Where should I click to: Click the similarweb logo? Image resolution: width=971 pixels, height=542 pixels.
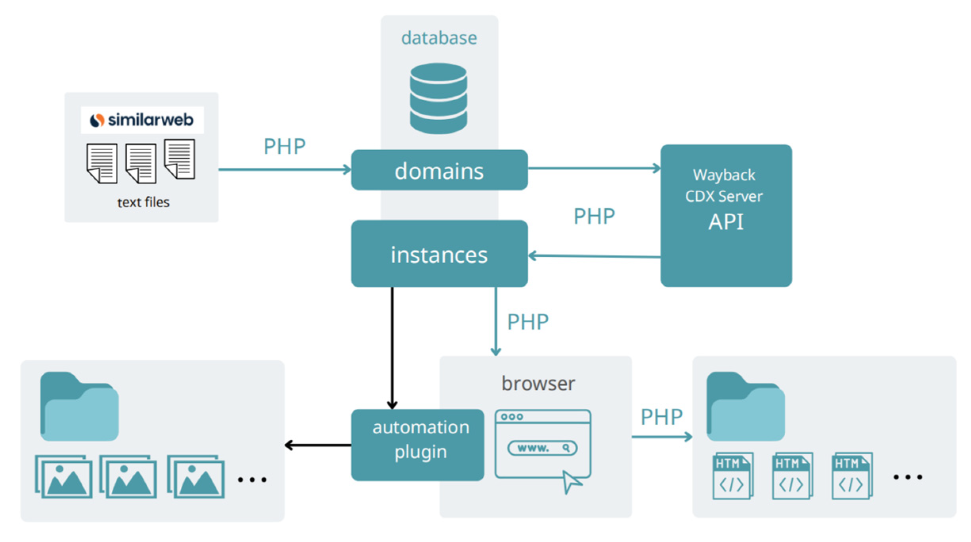[142, 120]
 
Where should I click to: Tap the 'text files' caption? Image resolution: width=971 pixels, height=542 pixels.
[143, 202]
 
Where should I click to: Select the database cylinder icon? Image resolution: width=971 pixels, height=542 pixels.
[438, 98]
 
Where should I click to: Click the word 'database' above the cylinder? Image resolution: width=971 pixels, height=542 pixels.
[439, 38]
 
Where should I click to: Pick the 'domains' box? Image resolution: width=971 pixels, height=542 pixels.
[439, 170]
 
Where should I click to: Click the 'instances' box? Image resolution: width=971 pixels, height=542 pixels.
[439, 254]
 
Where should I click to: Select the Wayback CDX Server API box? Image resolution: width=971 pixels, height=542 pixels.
[726, 215]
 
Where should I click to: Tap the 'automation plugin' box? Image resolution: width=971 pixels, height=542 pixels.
[418, 445]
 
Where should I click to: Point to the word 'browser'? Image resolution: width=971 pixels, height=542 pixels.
[538, 383]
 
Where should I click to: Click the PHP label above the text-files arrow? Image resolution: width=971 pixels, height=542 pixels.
[285, 147]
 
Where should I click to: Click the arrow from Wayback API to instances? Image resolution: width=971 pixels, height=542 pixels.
[594, 257]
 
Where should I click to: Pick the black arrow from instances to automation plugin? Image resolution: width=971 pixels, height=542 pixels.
[392, 348]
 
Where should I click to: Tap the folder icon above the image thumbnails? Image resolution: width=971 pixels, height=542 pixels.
[79, 406]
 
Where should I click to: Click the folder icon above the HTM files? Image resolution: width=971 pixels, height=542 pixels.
[745, 406]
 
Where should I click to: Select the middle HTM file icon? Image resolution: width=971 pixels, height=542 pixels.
[792, 476]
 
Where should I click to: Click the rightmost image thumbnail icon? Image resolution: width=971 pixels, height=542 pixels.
[196, 477]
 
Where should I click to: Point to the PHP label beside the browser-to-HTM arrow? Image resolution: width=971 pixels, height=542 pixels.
[662, 417]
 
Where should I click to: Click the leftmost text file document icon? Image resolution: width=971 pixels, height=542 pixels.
[102, 163]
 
